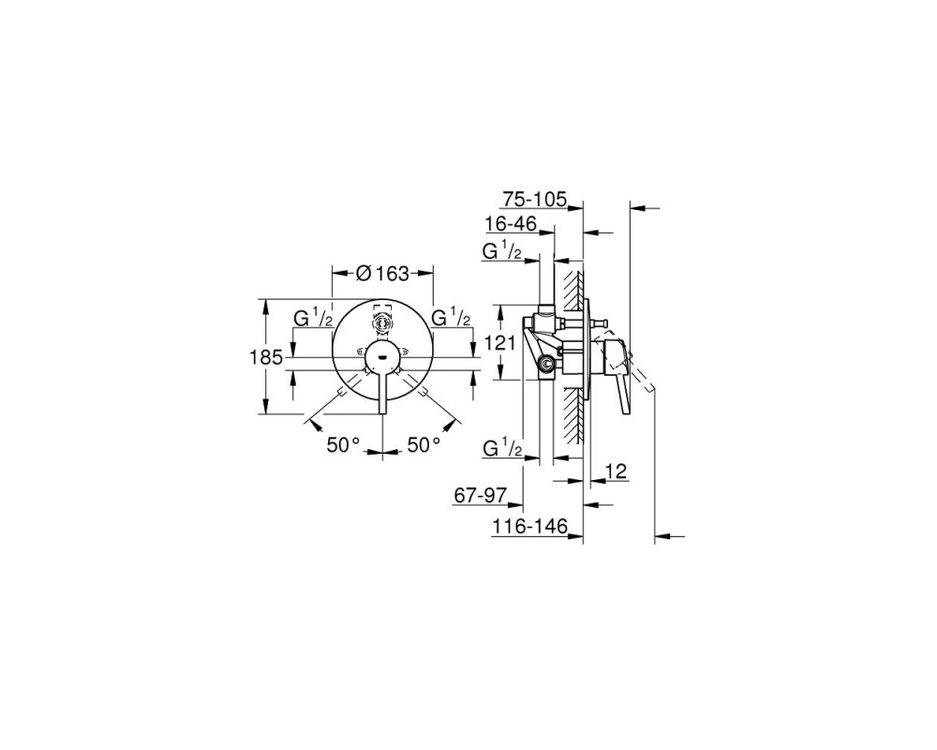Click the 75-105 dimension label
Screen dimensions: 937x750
coord(534,199)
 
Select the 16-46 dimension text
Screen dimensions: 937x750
coord(511,224)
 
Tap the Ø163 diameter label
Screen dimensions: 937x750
coord(382,274)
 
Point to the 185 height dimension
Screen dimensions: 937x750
coord(265,357)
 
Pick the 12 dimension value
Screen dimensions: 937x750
coord(617,472)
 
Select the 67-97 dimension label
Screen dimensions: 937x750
coord(481,496)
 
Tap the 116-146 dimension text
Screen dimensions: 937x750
coord(528,526)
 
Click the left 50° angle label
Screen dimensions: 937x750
coord(343,444)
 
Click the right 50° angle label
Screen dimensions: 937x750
coord(424,444)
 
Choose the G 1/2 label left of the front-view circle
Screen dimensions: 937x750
coord(313,317)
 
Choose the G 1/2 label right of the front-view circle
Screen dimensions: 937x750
coord(452,317)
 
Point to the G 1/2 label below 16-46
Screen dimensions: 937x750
coord(502,250)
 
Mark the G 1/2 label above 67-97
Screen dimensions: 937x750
coord(502,447)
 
